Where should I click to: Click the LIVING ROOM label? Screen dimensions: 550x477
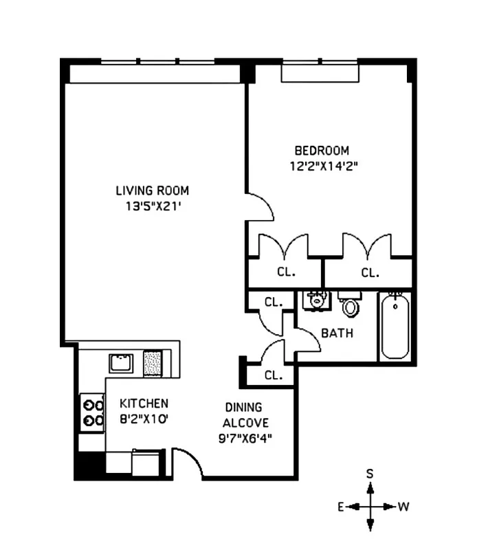pos(152,190)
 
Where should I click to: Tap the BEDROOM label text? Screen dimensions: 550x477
pos(321,151)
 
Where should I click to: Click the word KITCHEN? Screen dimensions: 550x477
pos(144,403)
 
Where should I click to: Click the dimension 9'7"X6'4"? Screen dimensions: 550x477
pos(240,437)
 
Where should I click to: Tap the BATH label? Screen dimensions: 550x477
pos(337,333)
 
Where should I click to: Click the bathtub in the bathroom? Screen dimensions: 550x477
pos(395,326)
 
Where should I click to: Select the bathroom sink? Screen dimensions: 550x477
pos(317,300)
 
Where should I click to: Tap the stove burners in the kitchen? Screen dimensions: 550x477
pos(92,412)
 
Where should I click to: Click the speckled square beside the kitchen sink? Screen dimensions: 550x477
pos(153,362)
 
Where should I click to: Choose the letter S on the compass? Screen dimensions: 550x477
pos(370,474)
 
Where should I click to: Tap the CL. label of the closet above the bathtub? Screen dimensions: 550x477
pos(370,272)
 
